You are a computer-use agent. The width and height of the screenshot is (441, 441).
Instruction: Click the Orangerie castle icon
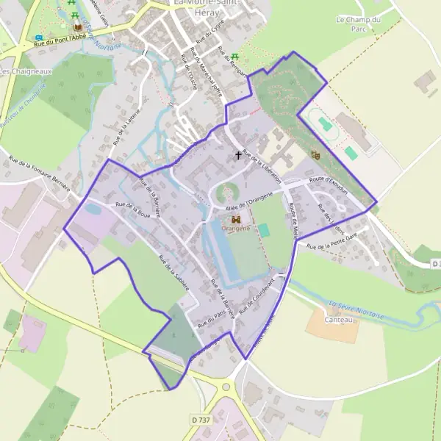[x=236, y=219]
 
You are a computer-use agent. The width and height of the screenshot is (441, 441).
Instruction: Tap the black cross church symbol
[x=237, y=156]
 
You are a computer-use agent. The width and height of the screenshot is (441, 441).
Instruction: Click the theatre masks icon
[x=316, y=155]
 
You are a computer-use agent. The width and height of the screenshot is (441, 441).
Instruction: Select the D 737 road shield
[x=200, y=419]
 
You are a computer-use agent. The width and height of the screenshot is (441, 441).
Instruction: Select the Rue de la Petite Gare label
[x=331, y=240]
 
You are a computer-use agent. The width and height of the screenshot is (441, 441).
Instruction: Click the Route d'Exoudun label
[x=327, y=179]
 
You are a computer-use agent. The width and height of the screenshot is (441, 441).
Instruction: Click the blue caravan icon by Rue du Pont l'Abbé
[x=38, y=37]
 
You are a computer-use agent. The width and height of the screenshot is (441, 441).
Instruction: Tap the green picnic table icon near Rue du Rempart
[x=234, y=57]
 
